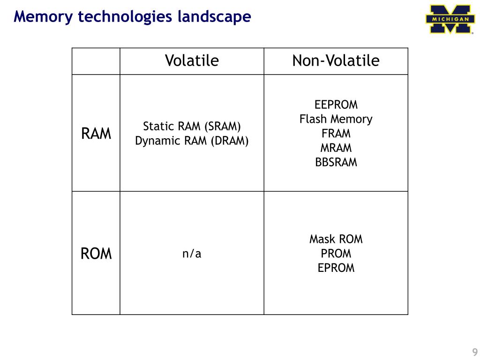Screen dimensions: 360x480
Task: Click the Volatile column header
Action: click(x=192, y=61)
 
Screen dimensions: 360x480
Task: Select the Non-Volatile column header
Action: click(x=336, y=61)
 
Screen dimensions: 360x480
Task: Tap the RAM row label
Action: click(x=96, y=134)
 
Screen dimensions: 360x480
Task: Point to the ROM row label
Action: click(x=96, y=254)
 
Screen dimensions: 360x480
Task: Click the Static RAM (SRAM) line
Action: click(x=192, y=127)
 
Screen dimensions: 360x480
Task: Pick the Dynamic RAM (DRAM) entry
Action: click(x=192, y=141)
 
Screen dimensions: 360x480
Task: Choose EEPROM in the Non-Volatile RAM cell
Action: click(x=336, y=105)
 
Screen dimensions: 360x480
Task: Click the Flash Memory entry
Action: click(x=336, y=119)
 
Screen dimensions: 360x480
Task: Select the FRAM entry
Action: click(x=336, y=134)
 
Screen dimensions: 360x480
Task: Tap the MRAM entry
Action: click(x=336, y=148)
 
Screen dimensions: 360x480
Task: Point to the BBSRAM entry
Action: click(x=336, y=163)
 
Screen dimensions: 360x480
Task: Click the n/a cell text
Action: click(x=192, y=254)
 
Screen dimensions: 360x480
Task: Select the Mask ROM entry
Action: click(x=336, y=240)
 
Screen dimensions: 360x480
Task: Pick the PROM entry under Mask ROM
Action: click(x=336, y=254)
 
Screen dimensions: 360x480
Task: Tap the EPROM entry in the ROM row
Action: click(x=336, y=269)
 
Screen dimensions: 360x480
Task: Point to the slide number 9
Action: click(x=474, y=352)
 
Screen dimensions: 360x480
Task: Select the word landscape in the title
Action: click(x=215, y=17)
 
